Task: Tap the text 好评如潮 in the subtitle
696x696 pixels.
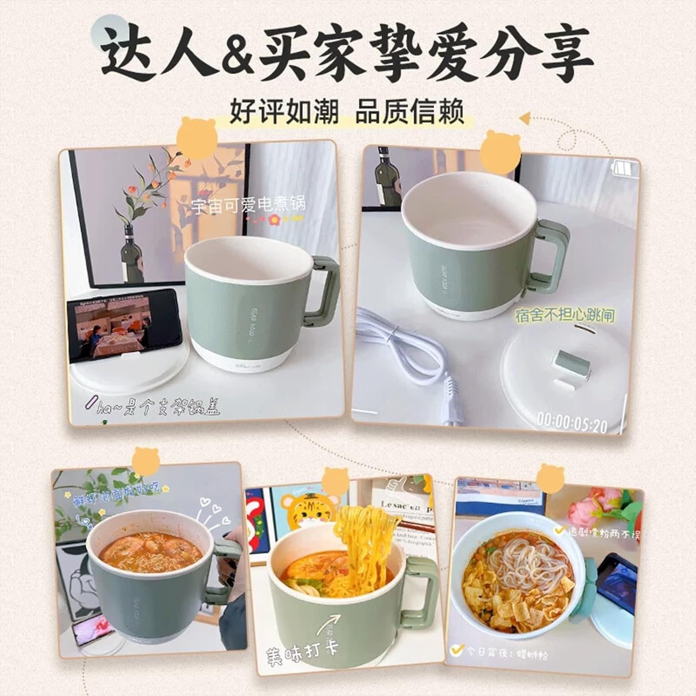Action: pos(284,112)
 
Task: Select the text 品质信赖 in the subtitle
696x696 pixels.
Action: pos(409,112)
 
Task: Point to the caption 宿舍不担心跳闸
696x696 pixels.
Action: pos(565,316)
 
